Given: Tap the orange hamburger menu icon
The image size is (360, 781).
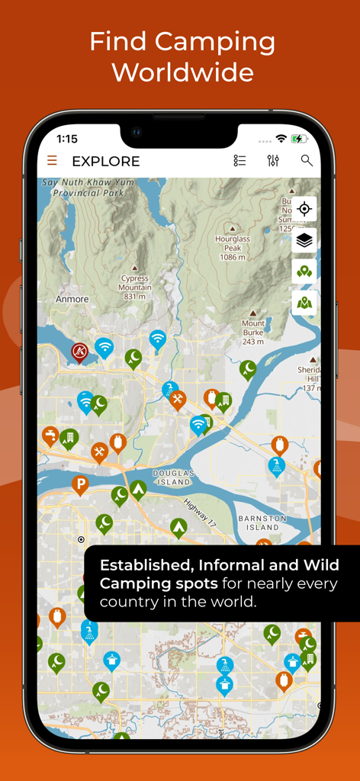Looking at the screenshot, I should click(52, 160).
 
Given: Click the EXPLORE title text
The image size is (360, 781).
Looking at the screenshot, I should click(105, 161).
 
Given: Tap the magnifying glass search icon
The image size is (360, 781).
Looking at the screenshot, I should click(307, 160).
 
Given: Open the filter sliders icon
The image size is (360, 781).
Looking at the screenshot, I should click(273, 160).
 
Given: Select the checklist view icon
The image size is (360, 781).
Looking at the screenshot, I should click(239, 160).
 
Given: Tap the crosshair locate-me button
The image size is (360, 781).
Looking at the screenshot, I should click(304, 209).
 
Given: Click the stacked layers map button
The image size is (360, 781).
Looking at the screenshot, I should click(304, 240).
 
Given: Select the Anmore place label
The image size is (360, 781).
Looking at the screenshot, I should click(72, 300).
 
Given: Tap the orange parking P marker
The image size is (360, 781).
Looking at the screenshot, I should click(79, 484).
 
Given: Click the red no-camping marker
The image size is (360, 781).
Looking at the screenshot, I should click(79, 351).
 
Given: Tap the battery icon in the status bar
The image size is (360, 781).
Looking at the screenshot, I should click(298, 139).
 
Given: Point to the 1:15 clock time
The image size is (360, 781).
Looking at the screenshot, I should click(67, 139).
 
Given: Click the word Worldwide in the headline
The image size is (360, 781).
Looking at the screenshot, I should click(182, 72).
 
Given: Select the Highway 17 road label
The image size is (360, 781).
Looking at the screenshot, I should click(201, 511).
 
